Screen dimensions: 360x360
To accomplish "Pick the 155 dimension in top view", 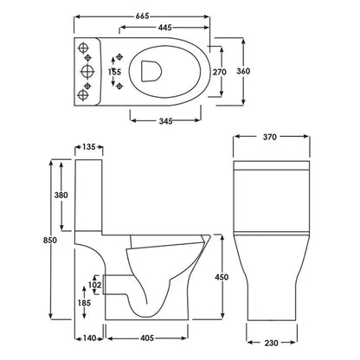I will click(x=115, y=74).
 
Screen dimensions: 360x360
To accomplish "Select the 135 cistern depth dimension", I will click(x=90, y=146).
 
